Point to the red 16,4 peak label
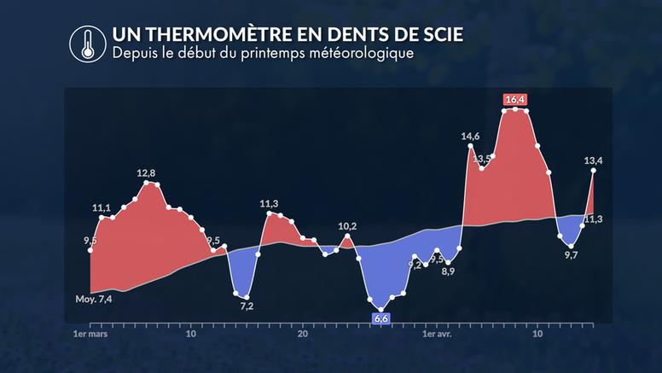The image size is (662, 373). pyautogui.click(x=515, y=100)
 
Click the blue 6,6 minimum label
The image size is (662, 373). pyautogui.click(x=381, y=318)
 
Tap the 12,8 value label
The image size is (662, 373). pyautogui.click(x=147, y=174)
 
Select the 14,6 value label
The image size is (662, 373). pyautogui.click(x=470, y=136)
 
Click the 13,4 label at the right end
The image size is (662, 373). pyautogui.click(x=594, y=160)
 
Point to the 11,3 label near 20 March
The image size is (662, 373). pyautogui.click(x=269, y=203)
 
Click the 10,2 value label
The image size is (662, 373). pyautogui.click(x=347, y=226)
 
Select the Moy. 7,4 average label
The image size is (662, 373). pyautogui.click(x=93, y=299)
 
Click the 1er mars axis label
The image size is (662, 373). pyautogui.click(x=90, y=335)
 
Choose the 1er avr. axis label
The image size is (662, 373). pyautogui.click(x=438, y=335)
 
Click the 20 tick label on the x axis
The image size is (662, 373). pyautogui.click(x=302, y=335)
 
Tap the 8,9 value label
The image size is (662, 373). pyautogui.click(x=448, y=271)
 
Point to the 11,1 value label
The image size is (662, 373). pyautogui.click(x=102, y=208)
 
